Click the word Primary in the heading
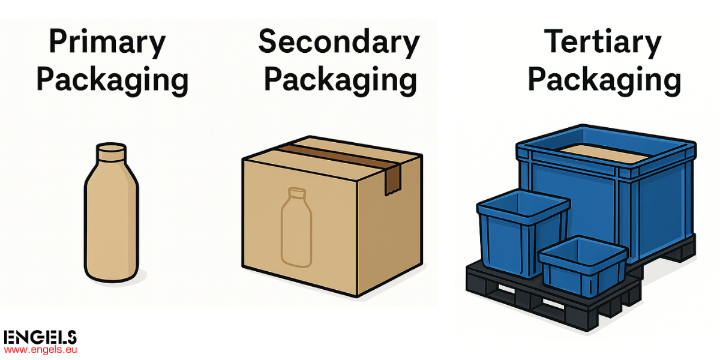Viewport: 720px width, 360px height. pos(107,43)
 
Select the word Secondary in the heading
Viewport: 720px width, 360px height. pos(339,43)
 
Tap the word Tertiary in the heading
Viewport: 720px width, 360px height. pos(602,43)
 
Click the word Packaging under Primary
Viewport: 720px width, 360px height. pos(112,80)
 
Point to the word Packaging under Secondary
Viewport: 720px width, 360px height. pos(340,80)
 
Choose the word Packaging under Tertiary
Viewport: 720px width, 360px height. pos(604,80)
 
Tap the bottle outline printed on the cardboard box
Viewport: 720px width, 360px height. pos(296,227)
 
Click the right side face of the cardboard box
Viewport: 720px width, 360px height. pos(389,225)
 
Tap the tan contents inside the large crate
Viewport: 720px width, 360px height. pos(604,154)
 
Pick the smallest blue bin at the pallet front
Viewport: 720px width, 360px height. pos(583,267)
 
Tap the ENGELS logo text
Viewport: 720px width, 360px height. pos(40,337)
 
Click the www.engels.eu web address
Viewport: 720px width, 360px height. pos(41,350)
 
